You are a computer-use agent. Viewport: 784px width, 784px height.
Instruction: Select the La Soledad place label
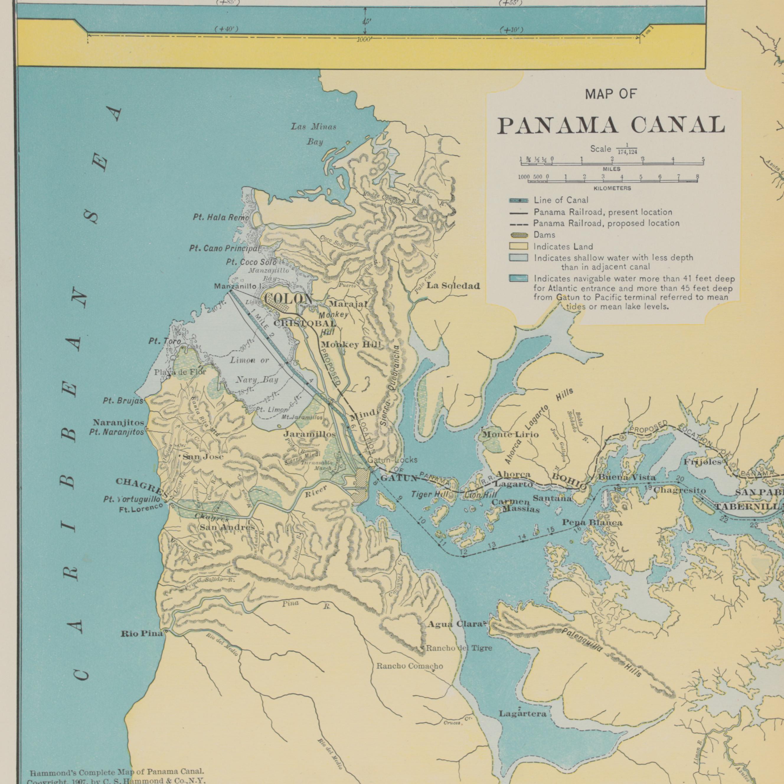pos(453,286)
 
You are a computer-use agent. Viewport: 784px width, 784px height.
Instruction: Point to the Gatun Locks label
pos(392,460)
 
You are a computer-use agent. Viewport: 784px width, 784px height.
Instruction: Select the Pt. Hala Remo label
pos(221,218)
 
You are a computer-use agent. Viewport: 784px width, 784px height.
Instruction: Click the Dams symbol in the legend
pos(519,235)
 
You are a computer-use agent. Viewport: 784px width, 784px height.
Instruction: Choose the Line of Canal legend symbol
pos(519,200)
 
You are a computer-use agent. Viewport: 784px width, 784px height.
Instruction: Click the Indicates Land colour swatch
pos(519,246)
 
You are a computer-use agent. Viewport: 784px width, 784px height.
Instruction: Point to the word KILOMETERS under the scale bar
pos(612,188)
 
